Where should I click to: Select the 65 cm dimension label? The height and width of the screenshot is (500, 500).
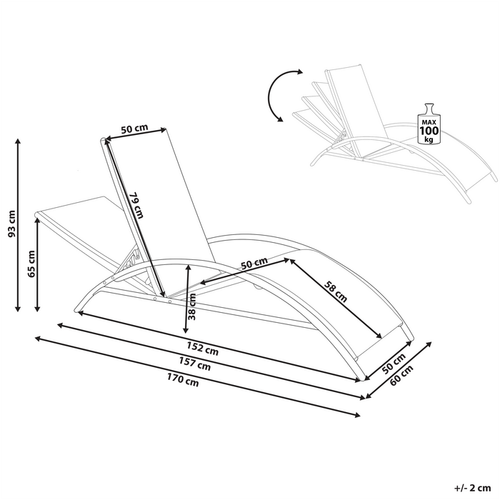pyautogui.click(x=30, y=264)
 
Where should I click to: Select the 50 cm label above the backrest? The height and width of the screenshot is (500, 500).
pyautogui.click(x=134, y=129)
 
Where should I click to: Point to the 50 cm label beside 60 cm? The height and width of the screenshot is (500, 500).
pyautogui.click(x=394, y=362)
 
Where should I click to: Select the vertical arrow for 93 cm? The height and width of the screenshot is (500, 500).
pyautogui.click(x=17, y=226)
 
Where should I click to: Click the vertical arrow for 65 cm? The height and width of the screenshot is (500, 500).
pyautogui.click(x=37, y=264)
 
